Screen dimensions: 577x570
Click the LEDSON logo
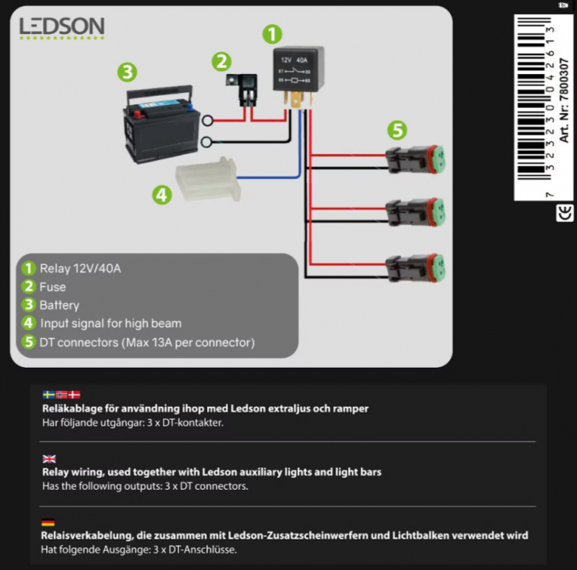click(x=62, y=27)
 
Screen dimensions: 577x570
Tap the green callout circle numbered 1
click(x=272, y=35)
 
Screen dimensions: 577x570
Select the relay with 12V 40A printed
click(x=298, y=77)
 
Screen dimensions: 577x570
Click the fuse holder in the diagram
click(x=242, y=90)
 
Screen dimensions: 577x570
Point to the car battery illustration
click(x=161, y=125)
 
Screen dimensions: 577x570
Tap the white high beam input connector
click(x=209, y=179)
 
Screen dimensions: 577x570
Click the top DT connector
click(x=415, y=159)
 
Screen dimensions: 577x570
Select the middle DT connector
click(x=415, y=213)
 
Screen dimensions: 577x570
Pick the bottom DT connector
click(x=415, y=268)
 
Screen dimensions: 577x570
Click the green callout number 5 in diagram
click(x=397, y=130)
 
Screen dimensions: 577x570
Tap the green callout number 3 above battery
click(x=127, y=72)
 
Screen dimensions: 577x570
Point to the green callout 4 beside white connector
click(x=162, y=195)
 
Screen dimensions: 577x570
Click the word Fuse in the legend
click(x=53, y=287)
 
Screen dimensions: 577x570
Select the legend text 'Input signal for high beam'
click(x=110, y=323)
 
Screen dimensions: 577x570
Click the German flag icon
click(x=48, y=522)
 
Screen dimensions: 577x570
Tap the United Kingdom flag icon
click(x=49, y=459)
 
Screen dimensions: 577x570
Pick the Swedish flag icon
click(x=49, y=395)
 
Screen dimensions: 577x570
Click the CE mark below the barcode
click(x=565, y=213)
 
